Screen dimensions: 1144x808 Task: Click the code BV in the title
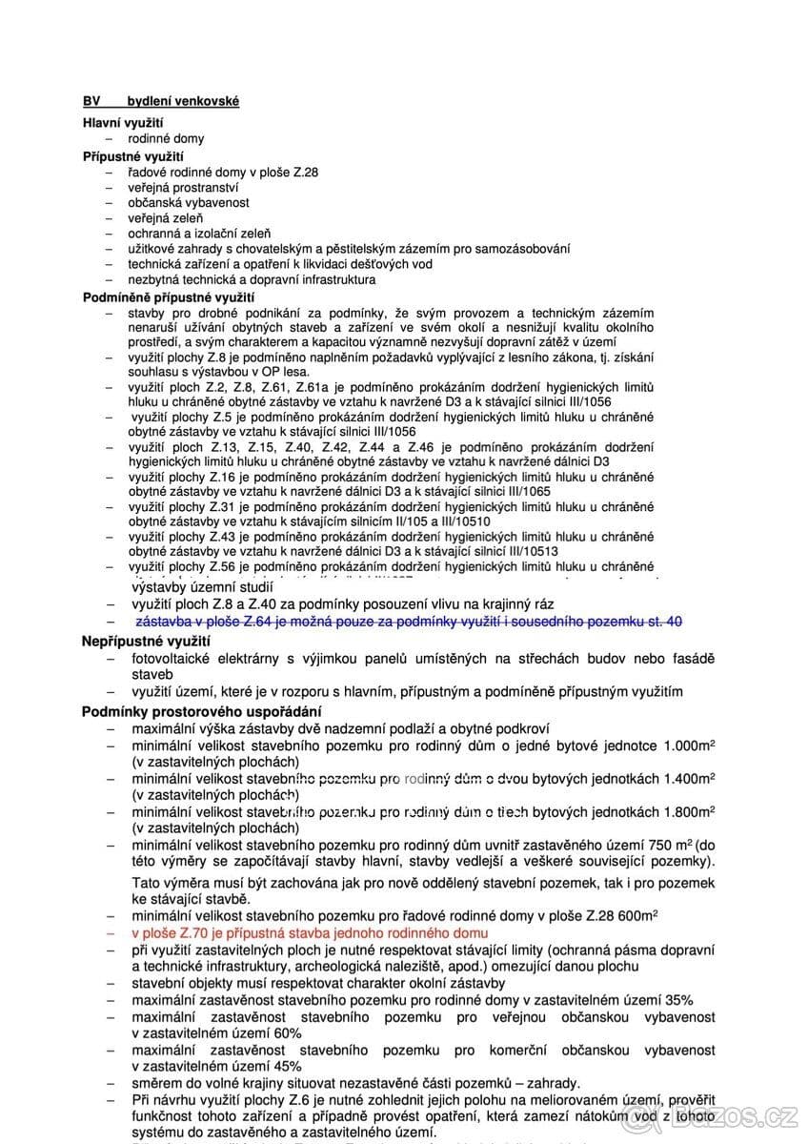pos(91,101)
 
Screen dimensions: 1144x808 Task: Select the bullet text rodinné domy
pos(166,139)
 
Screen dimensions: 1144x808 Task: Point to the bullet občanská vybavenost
pos(189,203)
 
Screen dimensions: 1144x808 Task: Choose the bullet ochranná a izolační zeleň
pos(199,233)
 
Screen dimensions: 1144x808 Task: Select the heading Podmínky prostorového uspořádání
pos(202,711)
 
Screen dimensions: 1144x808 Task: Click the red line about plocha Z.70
pos(310,932)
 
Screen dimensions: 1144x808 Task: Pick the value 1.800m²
pos(684,812)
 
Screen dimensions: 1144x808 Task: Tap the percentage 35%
pos(679,999)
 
